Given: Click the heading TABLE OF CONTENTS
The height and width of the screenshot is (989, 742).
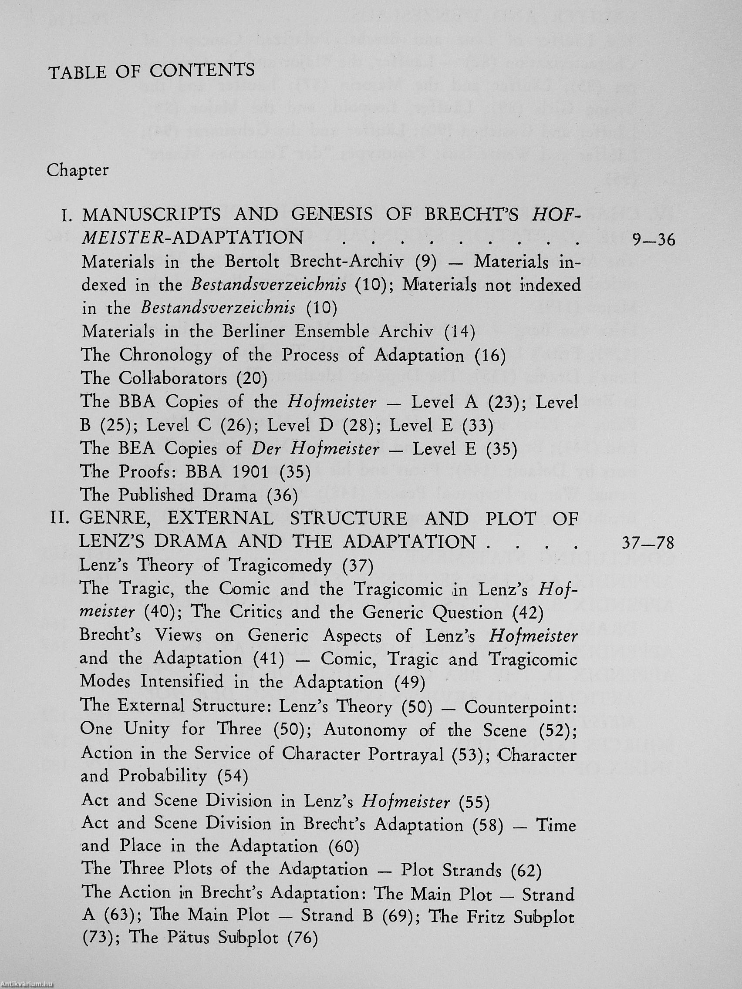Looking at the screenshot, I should click(152, 71).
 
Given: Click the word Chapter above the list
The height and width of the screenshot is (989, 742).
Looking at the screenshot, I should click(78, 170).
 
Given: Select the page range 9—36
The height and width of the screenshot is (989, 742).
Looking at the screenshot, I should click(653, 241).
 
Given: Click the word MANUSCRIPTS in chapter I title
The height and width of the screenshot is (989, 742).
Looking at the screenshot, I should click(151, 215).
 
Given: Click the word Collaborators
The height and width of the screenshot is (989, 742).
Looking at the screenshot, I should click(173, 379).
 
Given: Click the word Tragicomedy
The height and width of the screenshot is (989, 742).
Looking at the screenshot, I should click(280, 566).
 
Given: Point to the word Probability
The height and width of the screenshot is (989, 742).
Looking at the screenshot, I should click(163, 777).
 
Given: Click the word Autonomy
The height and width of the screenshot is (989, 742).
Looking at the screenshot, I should click(365, 730).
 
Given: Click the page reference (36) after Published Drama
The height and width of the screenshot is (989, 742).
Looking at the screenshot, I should click(282, 495).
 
